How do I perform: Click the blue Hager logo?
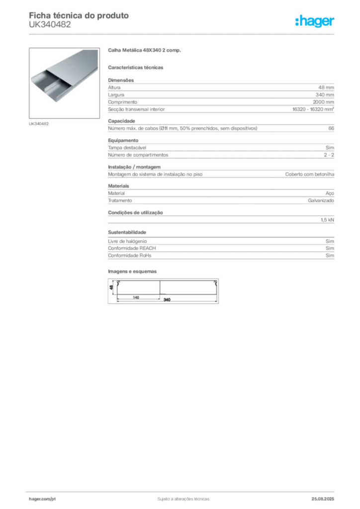pyautogui.click(x=315, y=22)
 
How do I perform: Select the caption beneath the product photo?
pyautogui.click(x=39, y=123)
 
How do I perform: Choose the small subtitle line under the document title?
pyautogui.click(x=50, y=28)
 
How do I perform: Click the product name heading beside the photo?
pyautogui.click(x=145, y=51)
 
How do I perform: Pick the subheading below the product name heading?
pyautogui.click(x=137, y=67)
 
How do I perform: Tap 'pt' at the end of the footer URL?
pyautogui.click(x=53, y=498)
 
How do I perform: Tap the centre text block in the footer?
pyautogui.click(x=182, y=497)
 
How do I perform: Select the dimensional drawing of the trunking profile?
pyautogui.click(x=163, y=291)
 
